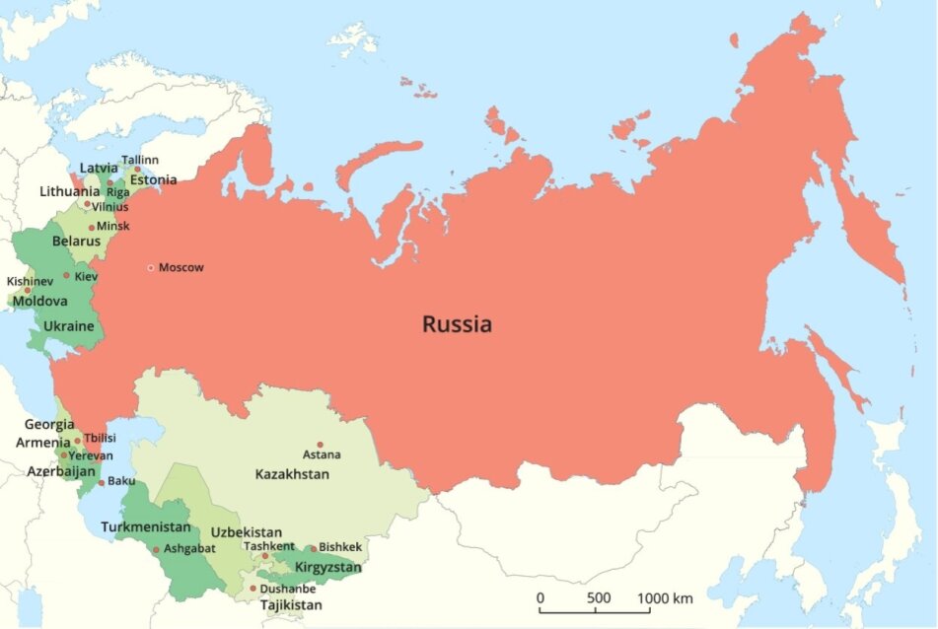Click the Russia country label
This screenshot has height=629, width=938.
click(457, 323)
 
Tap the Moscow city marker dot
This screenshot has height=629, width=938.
click(151, 267)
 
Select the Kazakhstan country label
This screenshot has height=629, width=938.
click(292, 474)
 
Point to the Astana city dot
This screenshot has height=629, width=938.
click(320, 445)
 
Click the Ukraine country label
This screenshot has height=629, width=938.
click(69, 326)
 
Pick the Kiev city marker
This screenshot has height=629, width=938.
click(67, 276)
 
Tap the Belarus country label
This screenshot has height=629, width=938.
click(76, 241)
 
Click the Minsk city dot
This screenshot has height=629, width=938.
click(92, 227)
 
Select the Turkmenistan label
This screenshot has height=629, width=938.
click(146, 527)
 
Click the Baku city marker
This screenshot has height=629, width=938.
click(101, 482)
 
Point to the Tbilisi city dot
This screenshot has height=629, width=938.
click(78, 441)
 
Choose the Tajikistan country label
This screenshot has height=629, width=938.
click(291, 604)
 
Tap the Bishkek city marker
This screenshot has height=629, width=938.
click(313, 548)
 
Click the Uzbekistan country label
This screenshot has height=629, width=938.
click(246, 531)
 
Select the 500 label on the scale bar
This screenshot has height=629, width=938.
click(598, 598)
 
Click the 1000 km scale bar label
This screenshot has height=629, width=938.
click(665, 598)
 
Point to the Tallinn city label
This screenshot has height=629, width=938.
click(139, 160)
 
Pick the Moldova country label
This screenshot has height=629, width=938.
click(39, 301)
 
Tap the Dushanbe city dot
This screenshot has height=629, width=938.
click(253, 589)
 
